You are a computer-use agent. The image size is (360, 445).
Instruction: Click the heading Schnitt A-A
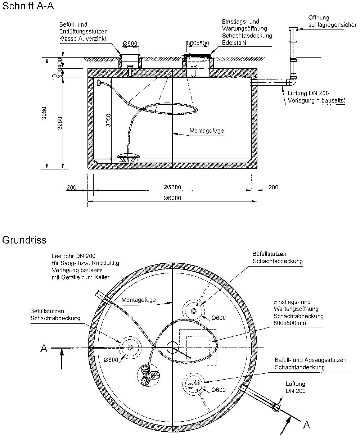tap(28, 6)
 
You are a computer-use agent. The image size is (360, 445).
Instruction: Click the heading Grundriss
tap(24, 240)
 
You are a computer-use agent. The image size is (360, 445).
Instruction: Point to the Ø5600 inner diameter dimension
tap(172, 187)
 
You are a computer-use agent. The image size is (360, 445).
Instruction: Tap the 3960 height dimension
tap(44, 113)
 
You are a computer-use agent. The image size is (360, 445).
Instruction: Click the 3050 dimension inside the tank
tap(108, 120)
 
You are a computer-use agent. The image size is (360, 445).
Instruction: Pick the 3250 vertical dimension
tap(60, 123)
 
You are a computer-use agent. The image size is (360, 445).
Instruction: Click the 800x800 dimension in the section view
tap(198, 43)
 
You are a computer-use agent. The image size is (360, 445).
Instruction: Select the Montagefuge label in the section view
tap(207, 131)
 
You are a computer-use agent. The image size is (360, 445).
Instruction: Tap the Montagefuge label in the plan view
tap(139, 300)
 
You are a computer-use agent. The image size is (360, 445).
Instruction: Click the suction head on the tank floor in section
tap(128, 157)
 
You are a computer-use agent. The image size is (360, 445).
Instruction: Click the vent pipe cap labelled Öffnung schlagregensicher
tap(293, 29)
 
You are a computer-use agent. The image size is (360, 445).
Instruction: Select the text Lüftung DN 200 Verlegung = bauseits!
tap(316, 97)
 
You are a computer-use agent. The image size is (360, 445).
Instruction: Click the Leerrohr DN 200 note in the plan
tap(86, 267)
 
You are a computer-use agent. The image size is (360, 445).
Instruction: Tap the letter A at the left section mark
tap(44, 348)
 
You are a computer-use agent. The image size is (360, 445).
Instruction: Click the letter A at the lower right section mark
tap(306, 424)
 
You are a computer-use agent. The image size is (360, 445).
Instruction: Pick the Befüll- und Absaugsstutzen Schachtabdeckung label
tap(310, 364)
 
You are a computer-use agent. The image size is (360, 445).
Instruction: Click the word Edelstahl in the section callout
tap(234, 42)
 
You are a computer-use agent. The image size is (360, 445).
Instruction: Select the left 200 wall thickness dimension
tap(71, 187)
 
